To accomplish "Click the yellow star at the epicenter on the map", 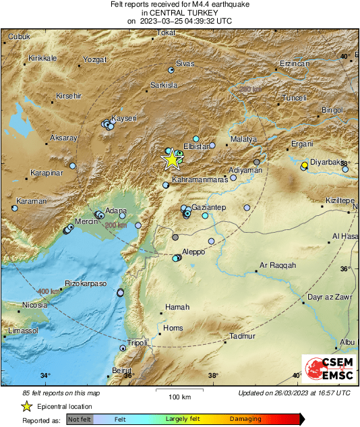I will pyautogui.click(x=173, y=159).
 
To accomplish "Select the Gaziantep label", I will pyautogui.click(x=208, y=206).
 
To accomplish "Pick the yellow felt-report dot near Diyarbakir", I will pyautogui.click(x=305, y=165).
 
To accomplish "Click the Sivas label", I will pyautogui.click(x=185, y=63).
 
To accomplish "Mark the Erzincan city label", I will pyautogui.click(x=293, y=64).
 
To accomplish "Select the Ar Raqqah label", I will pyautogui.click(x=278, y=266).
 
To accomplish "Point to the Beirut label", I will pyautogui.click(x=121, y=370).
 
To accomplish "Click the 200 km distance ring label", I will pyautogui.click(x=116, y=225).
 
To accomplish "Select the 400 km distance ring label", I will pyautogui.click(x=49, y=291).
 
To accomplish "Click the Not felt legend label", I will pyautogui.click(x=80, y=420).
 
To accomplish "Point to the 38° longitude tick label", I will pyautogui.click(x=213, y=376).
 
